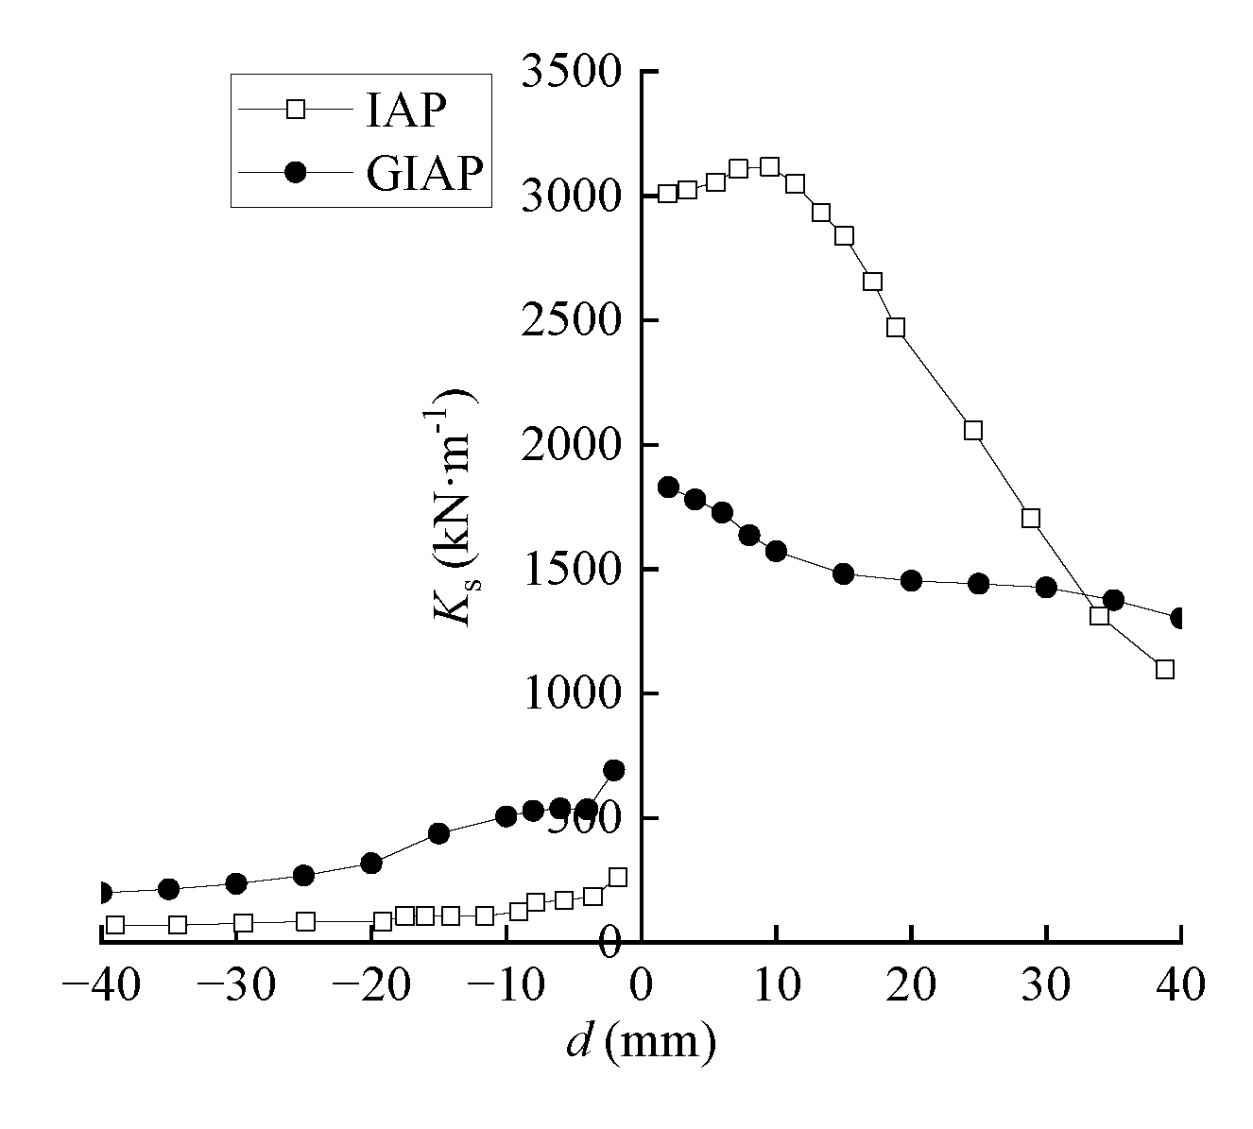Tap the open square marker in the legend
tap(296, 110)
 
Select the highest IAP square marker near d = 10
tap(769, 167)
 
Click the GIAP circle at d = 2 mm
tap(668, 488)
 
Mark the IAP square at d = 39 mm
tap(1165, 669)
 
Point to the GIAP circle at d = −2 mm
tap(614, 770)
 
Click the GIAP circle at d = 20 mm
tap(912, 580)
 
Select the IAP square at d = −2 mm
tap(617, 877)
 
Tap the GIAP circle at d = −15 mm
tap(438, 833)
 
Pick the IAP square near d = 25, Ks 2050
tap(973, 431)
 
